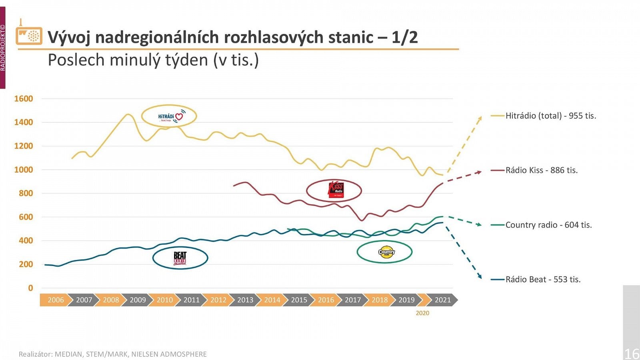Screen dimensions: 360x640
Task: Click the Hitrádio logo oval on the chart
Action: (x=169, y=116)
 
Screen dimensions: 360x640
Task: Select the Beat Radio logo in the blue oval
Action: (x=180, y=258)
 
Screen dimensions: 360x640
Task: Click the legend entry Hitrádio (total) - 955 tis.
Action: (x=550, y=116)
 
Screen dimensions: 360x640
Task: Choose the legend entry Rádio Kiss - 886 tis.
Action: (x=541, y=170)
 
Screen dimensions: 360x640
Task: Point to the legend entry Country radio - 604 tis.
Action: (x=548, y=225)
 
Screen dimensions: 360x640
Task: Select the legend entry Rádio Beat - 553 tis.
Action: (x=543, y=279)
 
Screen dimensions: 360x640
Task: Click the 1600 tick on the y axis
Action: (x=24, y=99)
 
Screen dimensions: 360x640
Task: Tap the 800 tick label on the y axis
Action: (x=26, y=193)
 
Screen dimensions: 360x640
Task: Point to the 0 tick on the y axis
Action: (x=30, y=288)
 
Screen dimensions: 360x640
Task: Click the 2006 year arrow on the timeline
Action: (x=56, y=300)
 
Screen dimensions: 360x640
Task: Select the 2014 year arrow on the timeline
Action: (x=272, y=300)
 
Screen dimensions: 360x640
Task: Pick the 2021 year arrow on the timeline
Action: (x=442, y=300)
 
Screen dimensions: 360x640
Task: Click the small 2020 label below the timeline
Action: (x=422, y=313)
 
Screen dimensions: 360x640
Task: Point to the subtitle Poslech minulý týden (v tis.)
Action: (x=153, y=60)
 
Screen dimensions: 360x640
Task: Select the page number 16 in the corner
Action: (x=632, y=354)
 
